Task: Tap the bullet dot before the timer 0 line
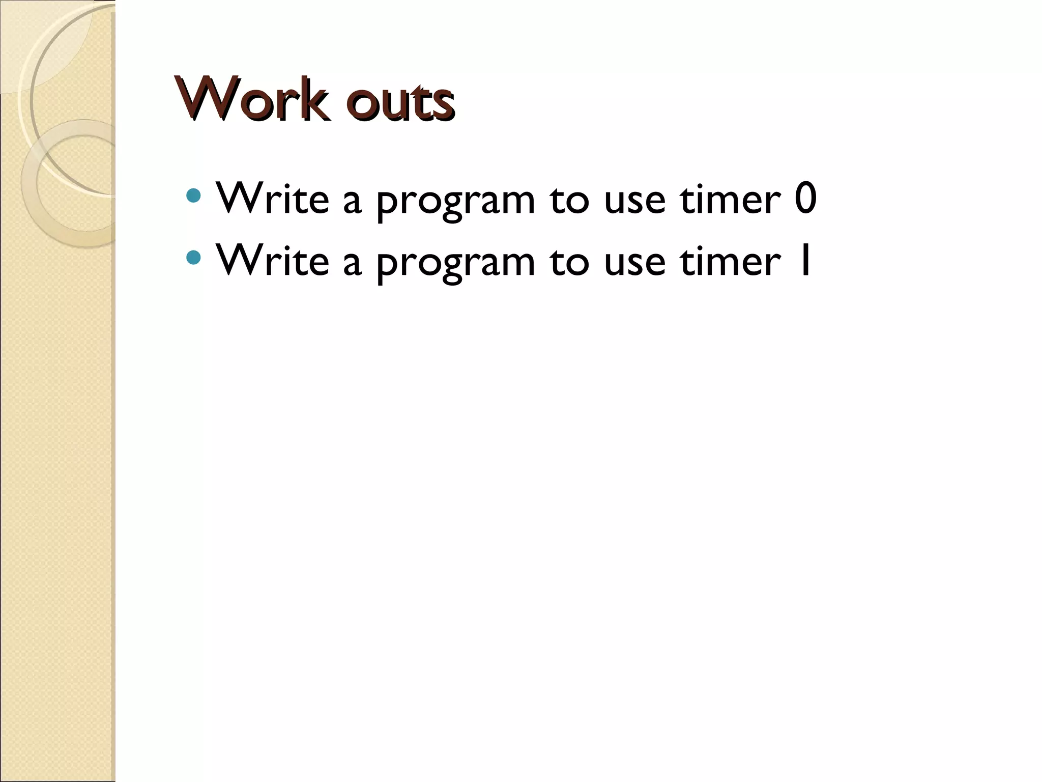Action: [193, 195]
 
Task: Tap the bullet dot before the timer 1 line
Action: [193, 258]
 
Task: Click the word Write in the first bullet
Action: [272, 199]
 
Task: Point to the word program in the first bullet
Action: [455, 202]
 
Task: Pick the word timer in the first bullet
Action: [730, 199]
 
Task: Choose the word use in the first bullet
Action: [634, 202]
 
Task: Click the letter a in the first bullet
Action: [352, 202]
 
